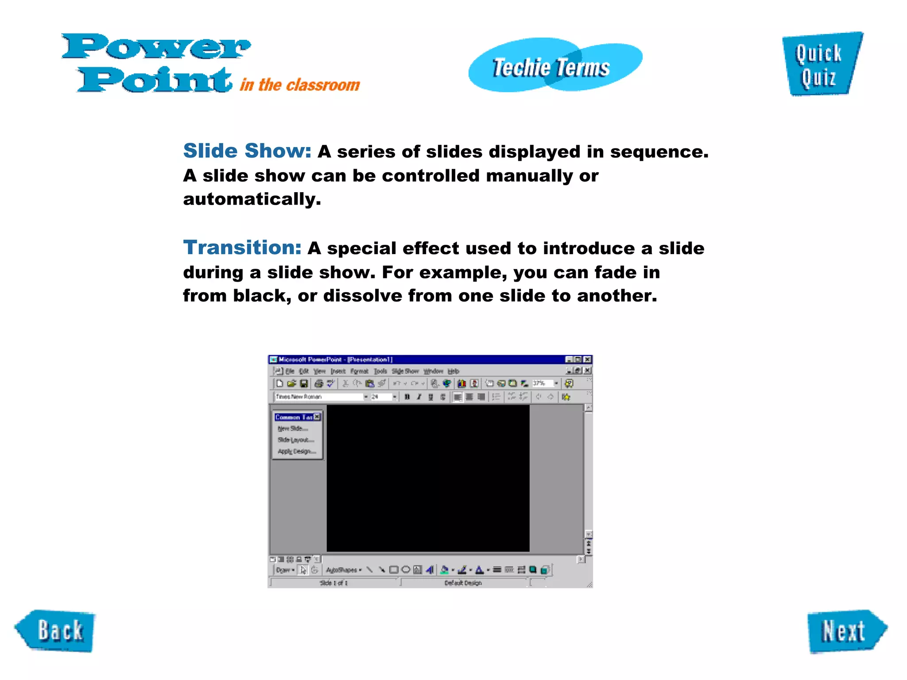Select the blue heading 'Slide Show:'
tap(247, 151)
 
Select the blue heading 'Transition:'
tap(242, 247)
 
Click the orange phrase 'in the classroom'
tap(300, 85)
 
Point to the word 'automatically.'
tap(252, 199)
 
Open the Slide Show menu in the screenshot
tap(405, 371)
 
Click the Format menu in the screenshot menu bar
tap(359, 371)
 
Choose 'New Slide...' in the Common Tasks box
tap(292, 428)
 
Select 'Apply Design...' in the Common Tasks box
tap(296, 451)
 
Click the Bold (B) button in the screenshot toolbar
tap(407, 397)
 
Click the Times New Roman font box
tap(319, 397)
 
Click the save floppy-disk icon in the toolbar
tap(304, 383)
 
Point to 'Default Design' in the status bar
tap(463, 583)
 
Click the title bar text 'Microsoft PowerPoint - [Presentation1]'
tap(335, 359)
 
